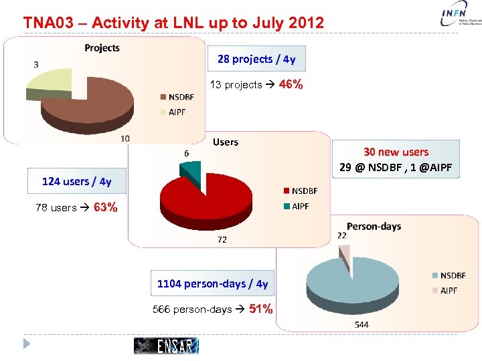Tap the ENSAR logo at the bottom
[x=167, y=345]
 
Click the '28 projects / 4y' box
[x=256, y=59]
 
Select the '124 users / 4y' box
[x=76, y=181]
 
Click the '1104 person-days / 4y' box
[x=212, y=283]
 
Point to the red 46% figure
[x=291, y=85]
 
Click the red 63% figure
[x=106, y=207]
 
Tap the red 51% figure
[x=260, y=309]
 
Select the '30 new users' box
[x=396, y=159]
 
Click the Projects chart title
[x=102, y=47]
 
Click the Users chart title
[x=225, y=142]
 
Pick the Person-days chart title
[x=374, y=226]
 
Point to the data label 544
[x=361, y=324]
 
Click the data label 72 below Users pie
[x=222, y=239]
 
